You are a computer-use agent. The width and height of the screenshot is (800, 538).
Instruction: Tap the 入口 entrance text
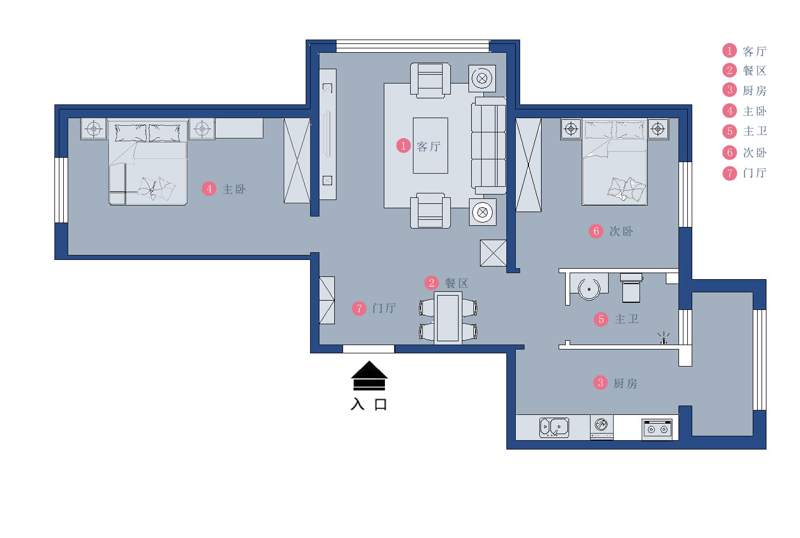click(x=369, y=404)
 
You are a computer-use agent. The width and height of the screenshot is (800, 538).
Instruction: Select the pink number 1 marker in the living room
click(x=403, y=146)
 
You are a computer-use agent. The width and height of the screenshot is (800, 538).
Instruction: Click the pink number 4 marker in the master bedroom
click(x=209, y=189)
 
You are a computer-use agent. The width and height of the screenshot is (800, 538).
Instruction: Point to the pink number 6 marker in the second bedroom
click(x=595, y=231)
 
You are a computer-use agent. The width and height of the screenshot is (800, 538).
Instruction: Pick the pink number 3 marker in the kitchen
click(x=600, y=382)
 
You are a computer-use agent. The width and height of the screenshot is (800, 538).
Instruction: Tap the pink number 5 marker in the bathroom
click(x=601, y=319)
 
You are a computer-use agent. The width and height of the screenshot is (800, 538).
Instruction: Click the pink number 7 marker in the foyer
click(x=359, y=308)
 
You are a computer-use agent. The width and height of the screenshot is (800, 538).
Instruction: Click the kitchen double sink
click(x=554, y=428)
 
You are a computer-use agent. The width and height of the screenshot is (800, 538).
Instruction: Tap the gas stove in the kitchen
click(x=657, y=430)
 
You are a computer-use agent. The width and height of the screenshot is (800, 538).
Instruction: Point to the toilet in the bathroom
click(x=631, y=288)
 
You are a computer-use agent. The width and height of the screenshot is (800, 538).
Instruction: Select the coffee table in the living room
click(x=431, y=146)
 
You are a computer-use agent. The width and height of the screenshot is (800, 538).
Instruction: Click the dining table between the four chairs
click(x=448, y=318)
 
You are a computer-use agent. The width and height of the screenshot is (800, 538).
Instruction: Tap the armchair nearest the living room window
click(x=431, y=80)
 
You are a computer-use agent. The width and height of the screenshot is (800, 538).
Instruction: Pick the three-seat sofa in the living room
click(x=489, y=146)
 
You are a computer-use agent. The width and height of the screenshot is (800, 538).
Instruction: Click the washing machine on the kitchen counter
click(x=602, y=427)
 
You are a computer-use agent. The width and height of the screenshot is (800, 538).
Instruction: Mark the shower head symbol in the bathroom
click(x=664, y=339)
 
